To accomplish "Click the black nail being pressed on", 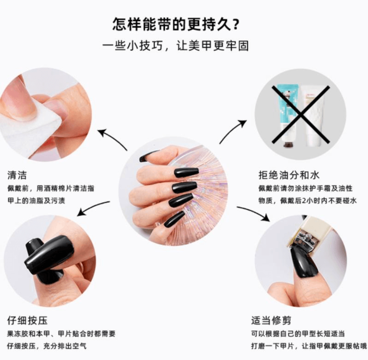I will click(x=49, y=254).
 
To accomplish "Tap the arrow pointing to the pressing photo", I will click(x=93, y=209).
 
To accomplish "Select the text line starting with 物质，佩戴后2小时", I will click(x=307, y=200).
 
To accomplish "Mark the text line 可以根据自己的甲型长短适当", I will click(x=298, y=334).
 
